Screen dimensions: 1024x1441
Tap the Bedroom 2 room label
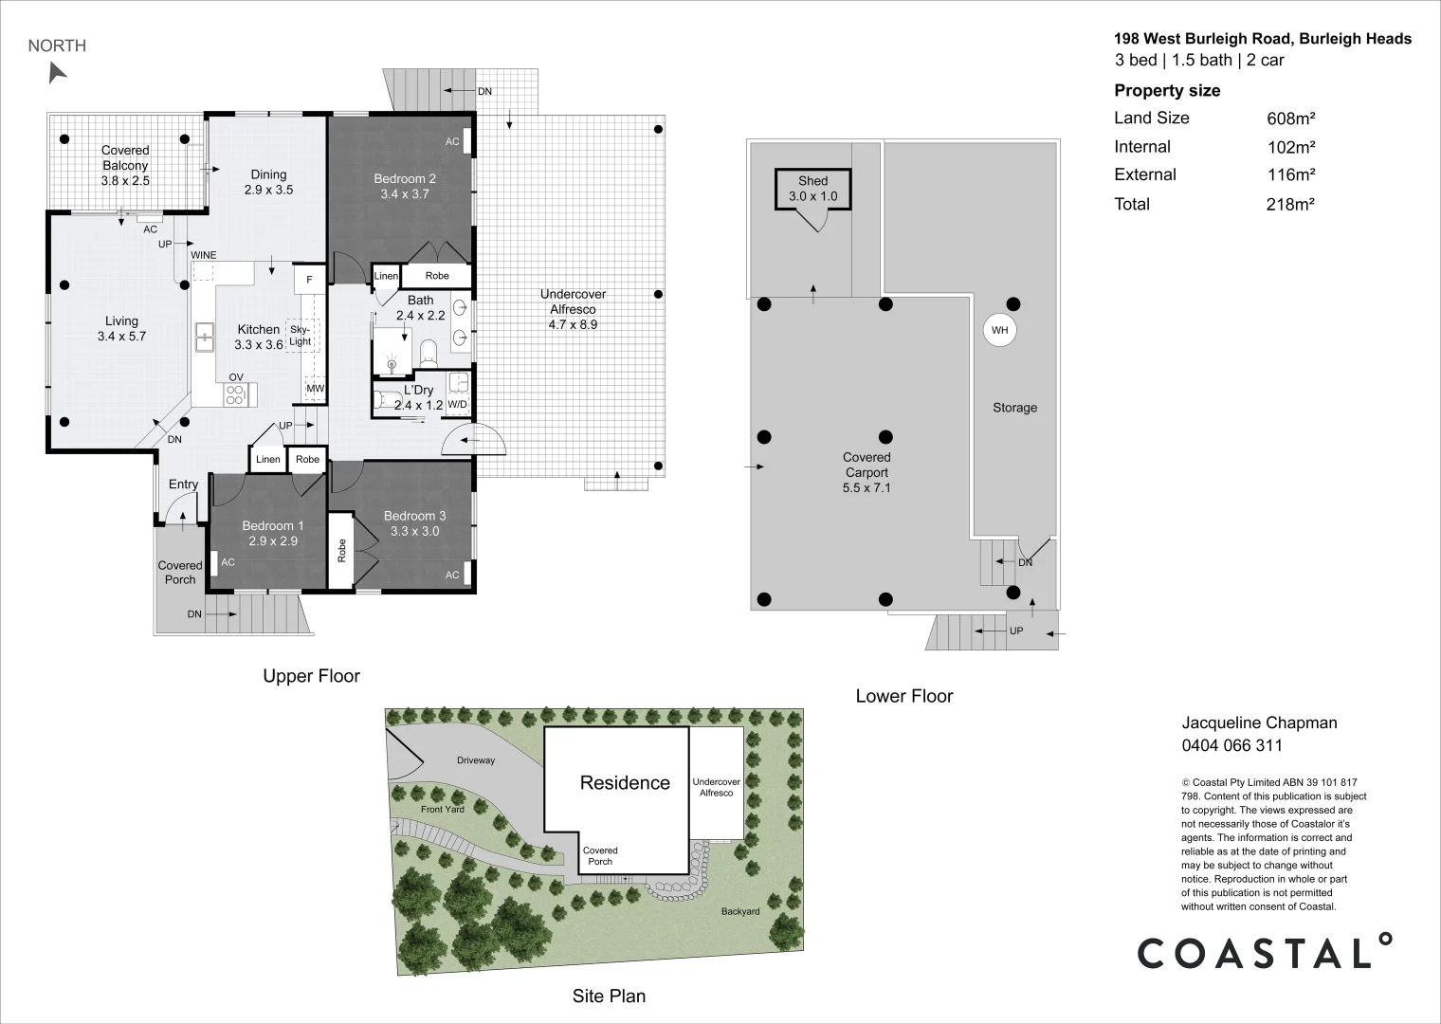pos(405,186)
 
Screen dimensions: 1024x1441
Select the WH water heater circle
pos(999,331)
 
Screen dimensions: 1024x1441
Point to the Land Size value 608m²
pos(1291,119)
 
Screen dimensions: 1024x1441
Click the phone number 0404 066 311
pos(1231,745)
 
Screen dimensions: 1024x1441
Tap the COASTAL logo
pos(1265,952)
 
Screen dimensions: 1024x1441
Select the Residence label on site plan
pos(625,783)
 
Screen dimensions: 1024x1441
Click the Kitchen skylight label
pos(301,335)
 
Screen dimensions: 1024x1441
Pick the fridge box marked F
pos(309,280)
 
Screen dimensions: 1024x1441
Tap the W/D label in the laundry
pos(457,405)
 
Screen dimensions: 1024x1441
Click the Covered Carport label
pos(866,472)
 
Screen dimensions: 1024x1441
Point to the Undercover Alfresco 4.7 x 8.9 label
pos(573,309)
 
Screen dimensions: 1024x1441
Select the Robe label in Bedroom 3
pos(341,550)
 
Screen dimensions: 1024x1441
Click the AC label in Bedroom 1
pos(228,562)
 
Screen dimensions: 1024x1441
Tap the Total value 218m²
pos(1290,205)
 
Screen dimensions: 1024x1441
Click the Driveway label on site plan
pos(476,760)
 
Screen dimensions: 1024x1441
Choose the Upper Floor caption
pos(311,676)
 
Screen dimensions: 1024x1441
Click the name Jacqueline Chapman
pos(1259,722)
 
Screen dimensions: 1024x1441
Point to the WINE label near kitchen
pos(204,256)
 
